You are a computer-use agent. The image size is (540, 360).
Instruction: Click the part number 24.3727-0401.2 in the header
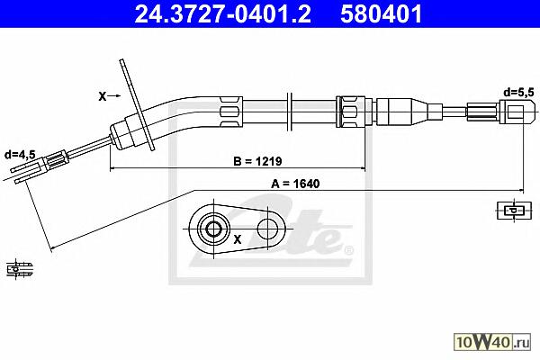(x=222, y=13)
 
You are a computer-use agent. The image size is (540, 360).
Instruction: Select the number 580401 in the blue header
(x=381, y=13)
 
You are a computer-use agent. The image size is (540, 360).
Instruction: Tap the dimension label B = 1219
(x=257, y=161)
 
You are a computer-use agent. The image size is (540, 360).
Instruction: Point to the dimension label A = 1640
(x=295, y=184)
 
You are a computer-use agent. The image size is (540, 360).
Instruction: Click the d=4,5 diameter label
(x=20, y=155)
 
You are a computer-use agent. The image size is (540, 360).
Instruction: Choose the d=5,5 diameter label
(x=518, y=93)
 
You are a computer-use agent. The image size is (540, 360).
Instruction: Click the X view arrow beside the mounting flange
(x=109, y=96)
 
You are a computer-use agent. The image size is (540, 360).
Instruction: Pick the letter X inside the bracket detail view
(x=238, y=239)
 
